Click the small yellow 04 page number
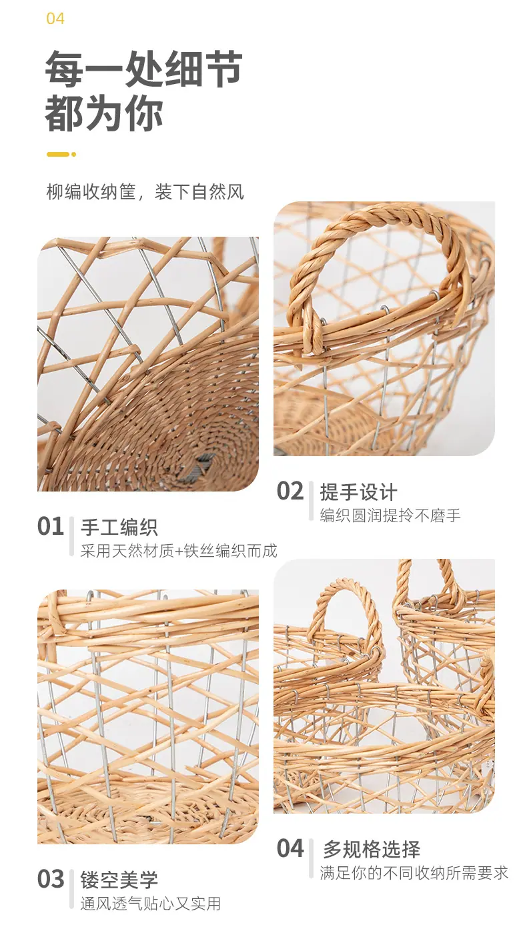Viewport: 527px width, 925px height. (55, 19)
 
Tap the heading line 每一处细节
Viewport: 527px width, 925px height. (143, 69)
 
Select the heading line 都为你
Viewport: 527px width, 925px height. (104, 113)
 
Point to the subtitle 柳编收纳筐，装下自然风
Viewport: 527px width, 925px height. (145, 192)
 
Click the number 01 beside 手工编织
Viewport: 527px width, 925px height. (51, 526)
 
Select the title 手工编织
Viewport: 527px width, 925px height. (119, 528)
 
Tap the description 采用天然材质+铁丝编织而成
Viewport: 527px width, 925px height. (178, 551)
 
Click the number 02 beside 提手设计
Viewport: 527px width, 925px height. (290, 492)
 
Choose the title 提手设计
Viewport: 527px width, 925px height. (358, 492)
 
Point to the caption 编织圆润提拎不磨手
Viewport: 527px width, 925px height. (390, 516)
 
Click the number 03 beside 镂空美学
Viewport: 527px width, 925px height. (51, 879)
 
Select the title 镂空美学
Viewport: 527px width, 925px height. (119, 880)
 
